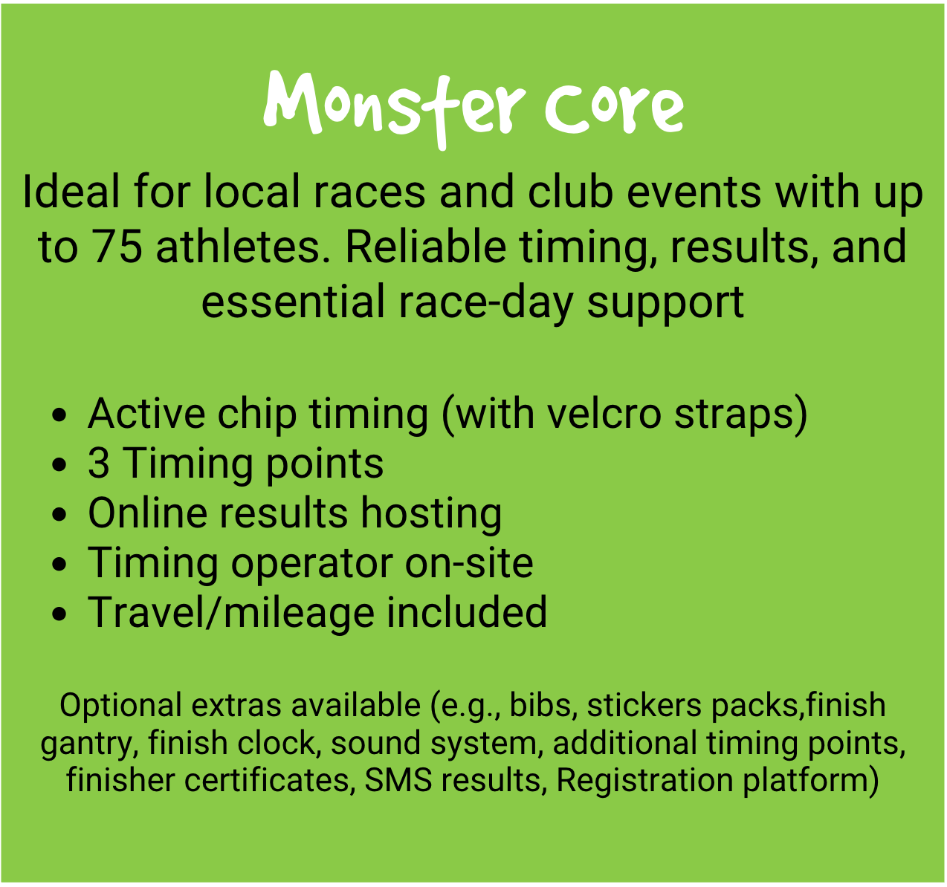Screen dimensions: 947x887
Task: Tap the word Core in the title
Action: point(615,108)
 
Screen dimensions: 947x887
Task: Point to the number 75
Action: point(117,247)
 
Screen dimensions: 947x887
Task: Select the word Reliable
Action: point(425,246)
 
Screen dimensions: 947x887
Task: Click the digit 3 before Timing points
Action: point(99,464)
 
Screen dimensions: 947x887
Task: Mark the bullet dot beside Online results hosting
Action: point(59,515)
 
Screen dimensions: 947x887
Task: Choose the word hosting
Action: point(431,514)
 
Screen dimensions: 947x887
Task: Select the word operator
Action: point(312,564)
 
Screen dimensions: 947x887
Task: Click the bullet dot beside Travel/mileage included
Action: point(59,614)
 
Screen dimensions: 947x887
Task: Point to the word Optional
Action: point(120,706)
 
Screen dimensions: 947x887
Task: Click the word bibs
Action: point(540,705)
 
